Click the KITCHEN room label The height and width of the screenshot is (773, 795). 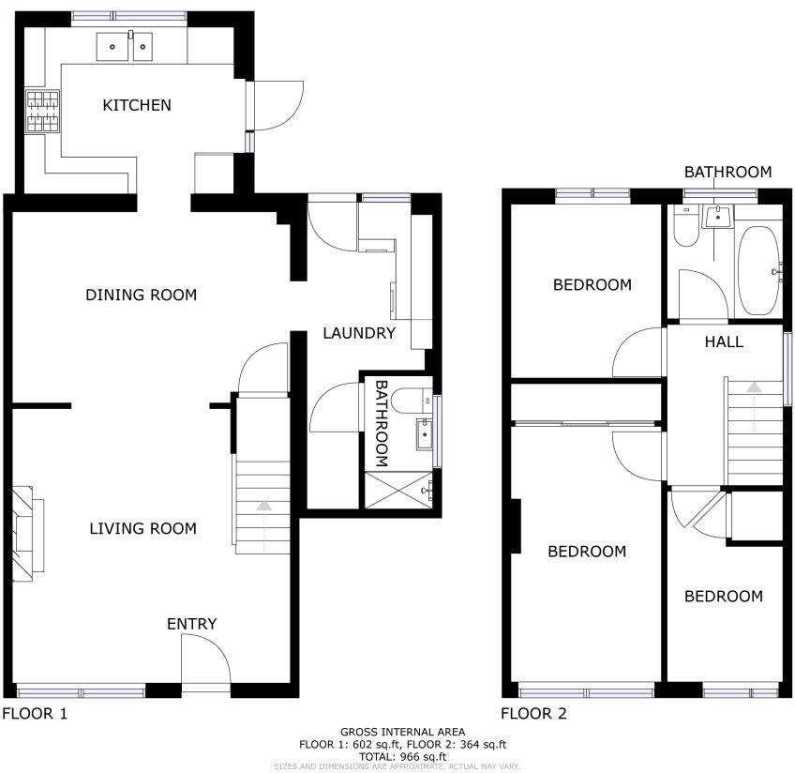[137, 105]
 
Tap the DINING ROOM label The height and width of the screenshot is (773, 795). [141, 296]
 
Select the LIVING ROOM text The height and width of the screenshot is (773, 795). [142, 529]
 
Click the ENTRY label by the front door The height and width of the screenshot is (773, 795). [191, 624]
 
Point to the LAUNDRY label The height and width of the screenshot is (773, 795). [359, 333]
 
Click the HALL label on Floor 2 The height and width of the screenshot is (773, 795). [724, 341]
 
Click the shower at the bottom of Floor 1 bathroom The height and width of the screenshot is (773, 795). [397, 490]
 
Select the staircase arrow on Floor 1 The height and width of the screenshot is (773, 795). [263, 506]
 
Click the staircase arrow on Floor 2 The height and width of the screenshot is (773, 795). [754, 386]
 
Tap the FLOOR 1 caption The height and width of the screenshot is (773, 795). [35, 714]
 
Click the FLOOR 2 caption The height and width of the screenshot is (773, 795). [533, 714]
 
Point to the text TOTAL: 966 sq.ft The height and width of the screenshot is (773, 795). [402, 756]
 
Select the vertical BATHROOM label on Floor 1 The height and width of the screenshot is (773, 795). [382, 423]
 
